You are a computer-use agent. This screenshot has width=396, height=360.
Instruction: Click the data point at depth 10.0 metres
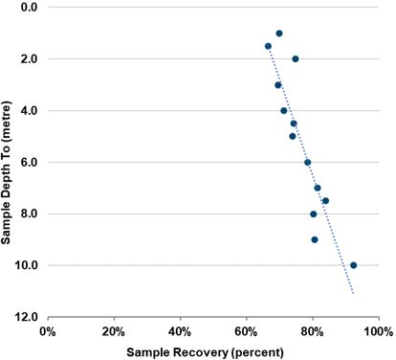(x=353, y=265)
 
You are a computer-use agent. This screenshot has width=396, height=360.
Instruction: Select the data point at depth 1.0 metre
(x=278, y=34)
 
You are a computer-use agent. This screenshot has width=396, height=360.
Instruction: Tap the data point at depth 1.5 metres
(x=268, y=46)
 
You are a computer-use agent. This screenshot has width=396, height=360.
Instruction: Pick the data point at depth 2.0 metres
(x=296, y=58)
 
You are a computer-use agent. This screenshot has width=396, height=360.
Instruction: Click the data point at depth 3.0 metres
(x=278, y=85)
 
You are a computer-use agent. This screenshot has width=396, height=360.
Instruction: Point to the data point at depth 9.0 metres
(x=315, y=239)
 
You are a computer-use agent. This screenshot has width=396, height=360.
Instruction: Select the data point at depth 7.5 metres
(x=325, y=201)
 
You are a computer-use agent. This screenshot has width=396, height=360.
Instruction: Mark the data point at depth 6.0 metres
(x=307, y=163)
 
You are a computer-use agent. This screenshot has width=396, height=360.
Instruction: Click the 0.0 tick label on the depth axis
(x=28, y=8)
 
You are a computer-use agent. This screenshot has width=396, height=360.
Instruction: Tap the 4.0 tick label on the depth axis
(x=28, y=111)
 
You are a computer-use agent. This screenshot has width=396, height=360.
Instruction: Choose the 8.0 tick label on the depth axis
(x=28, y=214)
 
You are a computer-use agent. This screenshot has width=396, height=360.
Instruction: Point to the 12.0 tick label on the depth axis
(x=26, y=317)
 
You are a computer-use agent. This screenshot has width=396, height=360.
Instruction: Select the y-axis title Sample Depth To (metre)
(x=9, y=162)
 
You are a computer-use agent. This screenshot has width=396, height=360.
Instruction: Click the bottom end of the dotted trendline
(x=354, y=294)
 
